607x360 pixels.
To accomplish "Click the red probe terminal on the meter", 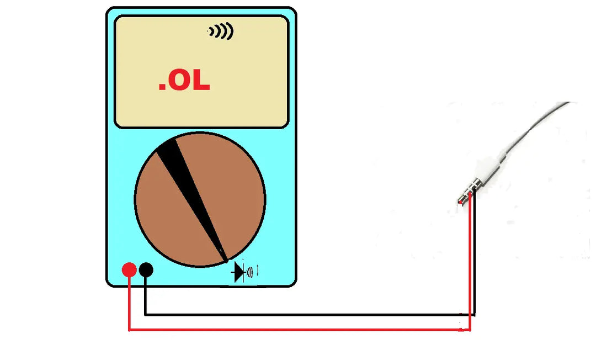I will (129, 270).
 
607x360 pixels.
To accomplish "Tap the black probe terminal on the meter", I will (146, 270).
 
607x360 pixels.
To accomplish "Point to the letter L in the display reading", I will (201, 82).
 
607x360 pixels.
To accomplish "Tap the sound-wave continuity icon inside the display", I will (221, 32).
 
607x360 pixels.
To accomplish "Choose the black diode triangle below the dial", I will (239, 272).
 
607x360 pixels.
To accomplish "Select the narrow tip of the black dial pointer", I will (224, 257).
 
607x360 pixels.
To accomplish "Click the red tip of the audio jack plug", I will (460, 202).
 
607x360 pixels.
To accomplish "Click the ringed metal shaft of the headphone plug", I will (468, 192).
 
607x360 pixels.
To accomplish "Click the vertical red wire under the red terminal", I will (129, 304).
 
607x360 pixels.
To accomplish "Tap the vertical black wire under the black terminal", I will (145, 295).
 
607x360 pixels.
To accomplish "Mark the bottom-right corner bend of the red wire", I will (470, 330).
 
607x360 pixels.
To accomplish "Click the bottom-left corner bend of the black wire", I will (145, 315).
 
